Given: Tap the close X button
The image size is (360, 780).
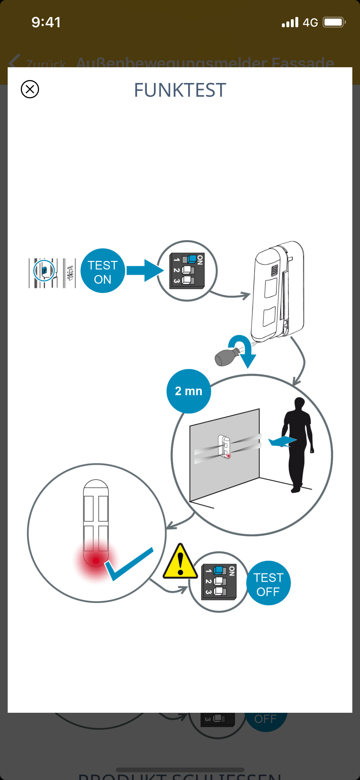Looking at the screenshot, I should pos(30,89).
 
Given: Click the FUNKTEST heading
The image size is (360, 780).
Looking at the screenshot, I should pos(180,90).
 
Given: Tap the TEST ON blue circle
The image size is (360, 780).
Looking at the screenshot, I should pos(103,271).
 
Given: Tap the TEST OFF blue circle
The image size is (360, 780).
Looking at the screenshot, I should pos(268,583).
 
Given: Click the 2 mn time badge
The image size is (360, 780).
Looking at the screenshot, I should pos(188,391).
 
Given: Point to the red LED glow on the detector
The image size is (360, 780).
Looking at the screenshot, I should pos(96,561).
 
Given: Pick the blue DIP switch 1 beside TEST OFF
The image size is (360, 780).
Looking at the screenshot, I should pos(219,570).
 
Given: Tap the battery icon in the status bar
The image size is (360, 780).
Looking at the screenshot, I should pos(334,22).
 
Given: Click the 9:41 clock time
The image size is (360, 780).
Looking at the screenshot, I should pos(46,22).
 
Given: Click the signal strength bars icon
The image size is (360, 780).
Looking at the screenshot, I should pos(290,22).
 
